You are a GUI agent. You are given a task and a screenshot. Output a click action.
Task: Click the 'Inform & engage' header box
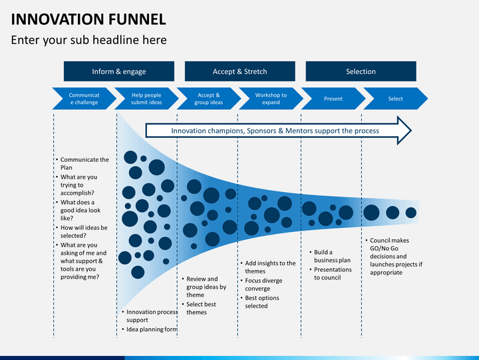click(x=118, y=71)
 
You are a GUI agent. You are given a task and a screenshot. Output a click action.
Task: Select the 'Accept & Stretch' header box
click(x=239, y=71)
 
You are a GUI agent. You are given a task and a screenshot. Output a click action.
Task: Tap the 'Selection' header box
click(x=361, y=71)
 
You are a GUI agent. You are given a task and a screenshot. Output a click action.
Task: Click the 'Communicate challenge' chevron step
click(x=83, y=99)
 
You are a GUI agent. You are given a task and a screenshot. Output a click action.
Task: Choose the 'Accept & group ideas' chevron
click(x=208, y=99)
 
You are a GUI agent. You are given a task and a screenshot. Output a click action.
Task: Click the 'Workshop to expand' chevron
click(x=271, y=99)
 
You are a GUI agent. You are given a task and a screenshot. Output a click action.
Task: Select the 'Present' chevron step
click(x=333, y=99)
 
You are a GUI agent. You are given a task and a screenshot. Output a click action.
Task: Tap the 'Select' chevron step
click(x=396, y=99)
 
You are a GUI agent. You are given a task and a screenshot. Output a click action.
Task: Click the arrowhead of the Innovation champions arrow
click(x=404, y=131)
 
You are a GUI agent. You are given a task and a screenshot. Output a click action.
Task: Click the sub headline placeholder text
click(x=88, y=40)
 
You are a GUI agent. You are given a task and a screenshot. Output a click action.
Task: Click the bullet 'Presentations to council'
click(x=332, y=273)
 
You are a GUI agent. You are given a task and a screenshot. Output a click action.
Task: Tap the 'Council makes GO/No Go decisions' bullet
click(x=395, y=256)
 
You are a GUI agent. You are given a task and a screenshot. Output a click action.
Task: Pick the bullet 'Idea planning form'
click(x=151, y=329)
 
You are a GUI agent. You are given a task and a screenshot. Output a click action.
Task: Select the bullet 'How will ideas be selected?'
click(x=83, y=231)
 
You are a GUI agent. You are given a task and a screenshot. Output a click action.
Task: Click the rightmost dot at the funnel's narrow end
click(x=411, y=213)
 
